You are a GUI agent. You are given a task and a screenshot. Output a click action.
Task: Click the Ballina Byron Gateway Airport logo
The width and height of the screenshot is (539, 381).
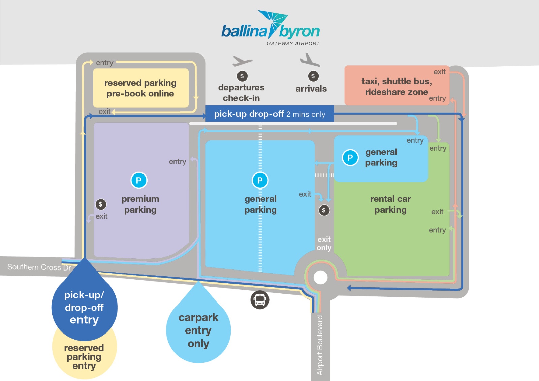point(271,29)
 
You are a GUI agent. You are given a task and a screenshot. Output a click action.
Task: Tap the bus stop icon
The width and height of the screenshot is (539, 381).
point(260,299)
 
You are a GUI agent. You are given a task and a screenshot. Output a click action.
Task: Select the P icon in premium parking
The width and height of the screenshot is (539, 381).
point(139,180)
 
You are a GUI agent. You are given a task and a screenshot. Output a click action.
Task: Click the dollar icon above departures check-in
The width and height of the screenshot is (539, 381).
point(242,76)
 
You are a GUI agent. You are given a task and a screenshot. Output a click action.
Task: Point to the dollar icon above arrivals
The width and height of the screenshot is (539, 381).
point(313,76)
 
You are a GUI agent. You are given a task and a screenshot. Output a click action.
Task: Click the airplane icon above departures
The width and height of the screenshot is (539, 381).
point(242,61)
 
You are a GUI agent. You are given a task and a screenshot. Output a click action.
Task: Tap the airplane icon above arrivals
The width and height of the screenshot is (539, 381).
point(310,60)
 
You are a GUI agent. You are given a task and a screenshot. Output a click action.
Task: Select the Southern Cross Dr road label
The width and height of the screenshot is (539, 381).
point(39,267)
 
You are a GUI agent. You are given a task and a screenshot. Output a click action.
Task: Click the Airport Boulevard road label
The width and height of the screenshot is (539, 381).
point(320,345)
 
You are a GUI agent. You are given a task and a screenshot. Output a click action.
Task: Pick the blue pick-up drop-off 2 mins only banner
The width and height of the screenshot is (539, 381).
point(269,114)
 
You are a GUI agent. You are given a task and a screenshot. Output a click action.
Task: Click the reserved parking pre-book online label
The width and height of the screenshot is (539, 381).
point(140,88)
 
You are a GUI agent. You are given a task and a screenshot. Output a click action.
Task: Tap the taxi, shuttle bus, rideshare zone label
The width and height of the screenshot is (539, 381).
point(397,86)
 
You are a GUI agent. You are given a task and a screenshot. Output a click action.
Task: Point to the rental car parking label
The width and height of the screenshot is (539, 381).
point(390,204)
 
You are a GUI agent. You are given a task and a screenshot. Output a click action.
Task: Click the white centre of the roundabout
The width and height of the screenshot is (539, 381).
point(320,278)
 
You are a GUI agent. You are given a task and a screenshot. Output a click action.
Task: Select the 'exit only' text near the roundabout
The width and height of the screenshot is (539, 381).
point(324,243)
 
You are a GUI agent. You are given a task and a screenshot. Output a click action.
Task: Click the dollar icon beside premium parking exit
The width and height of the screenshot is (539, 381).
point(101,204)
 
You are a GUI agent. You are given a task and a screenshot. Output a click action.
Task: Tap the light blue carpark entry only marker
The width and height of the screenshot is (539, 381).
point(198,330)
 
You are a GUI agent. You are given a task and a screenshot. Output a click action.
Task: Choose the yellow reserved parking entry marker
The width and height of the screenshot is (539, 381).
point(84,357)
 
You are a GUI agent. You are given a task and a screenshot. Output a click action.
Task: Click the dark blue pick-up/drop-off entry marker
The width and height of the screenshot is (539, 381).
point(84,307)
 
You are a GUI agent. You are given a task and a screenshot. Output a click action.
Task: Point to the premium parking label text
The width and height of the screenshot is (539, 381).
point(140,204)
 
